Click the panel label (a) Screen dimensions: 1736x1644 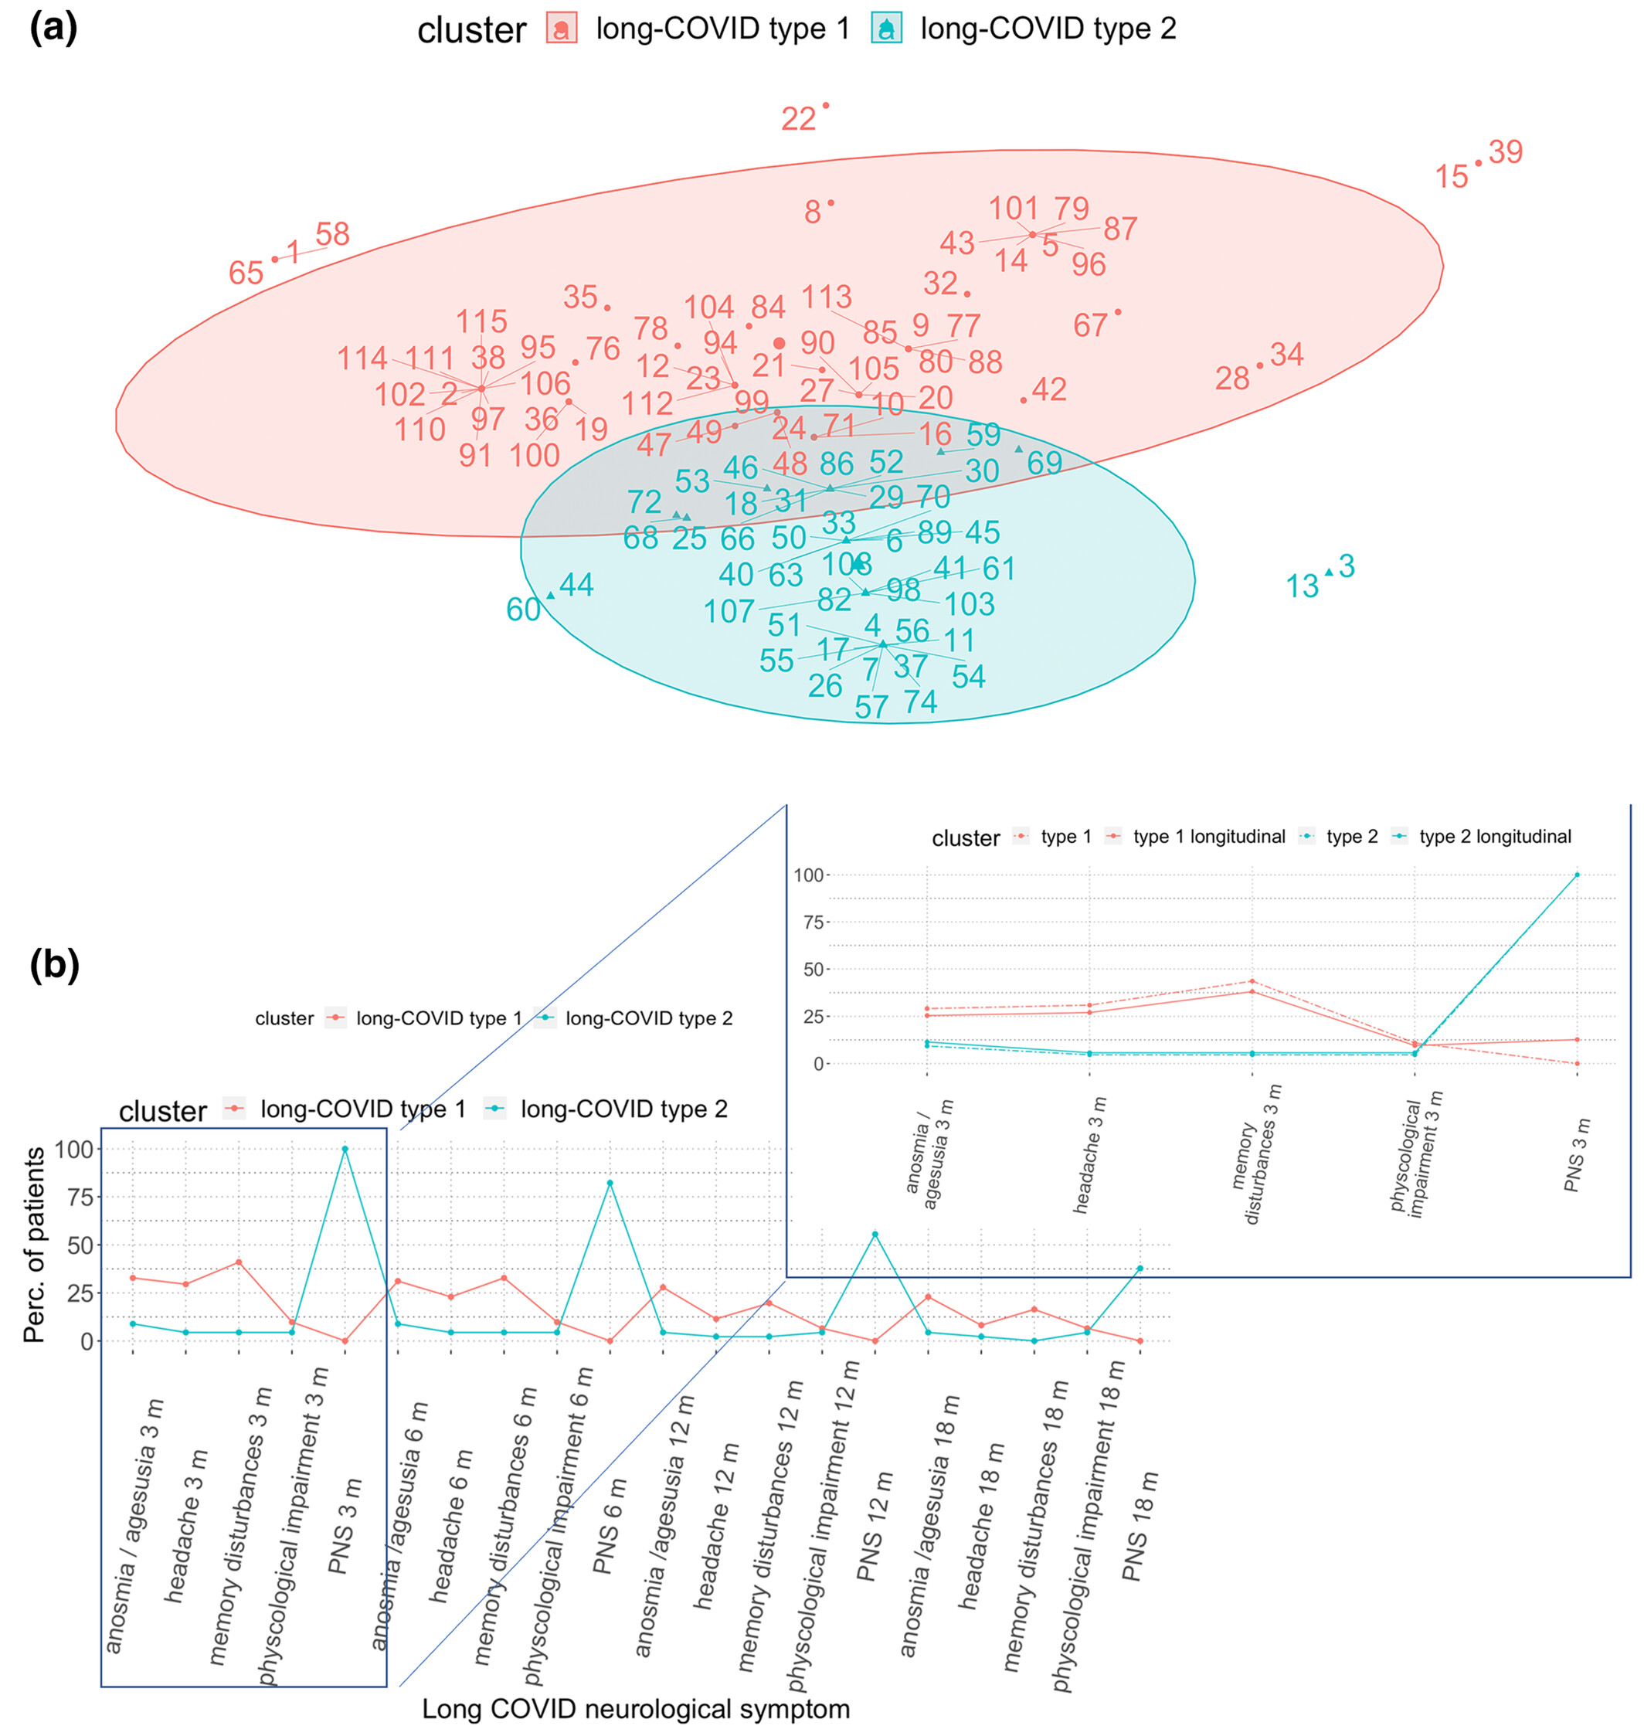53,29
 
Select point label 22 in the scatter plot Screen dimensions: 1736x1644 798,119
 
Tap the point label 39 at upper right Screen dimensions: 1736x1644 1506,152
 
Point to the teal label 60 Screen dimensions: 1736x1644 523,610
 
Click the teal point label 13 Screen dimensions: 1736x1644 1303,586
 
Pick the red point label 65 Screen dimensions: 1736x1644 246,273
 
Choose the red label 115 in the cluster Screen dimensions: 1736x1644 482,321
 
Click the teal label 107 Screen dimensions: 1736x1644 729,612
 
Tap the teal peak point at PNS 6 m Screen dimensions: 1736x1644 610,1183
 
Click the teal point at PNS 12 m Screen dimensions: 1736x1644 875,1235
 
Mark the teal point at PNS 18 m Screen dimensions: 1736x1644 1140,1268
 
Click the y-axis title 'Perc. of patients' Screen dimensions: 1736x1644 35,1245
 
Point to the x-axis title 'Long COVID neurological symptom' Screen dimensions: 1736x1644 637,1709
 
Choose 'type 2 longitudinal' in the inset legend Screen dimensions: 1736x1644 1495,837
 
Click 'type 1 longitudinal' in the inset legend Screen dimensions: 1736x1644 1208,837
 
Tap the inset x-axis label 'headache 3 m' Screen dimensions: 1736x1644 1090,1155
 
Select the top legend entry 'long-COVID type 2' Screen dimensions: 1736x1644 1048,29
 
